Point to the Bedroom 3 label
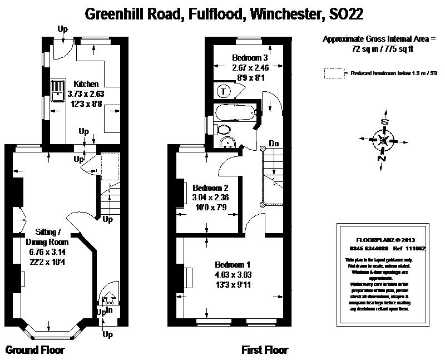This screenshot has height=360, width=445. [x=250, y=58]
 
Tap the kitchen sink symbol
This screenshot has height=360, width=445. [x=57, y=92]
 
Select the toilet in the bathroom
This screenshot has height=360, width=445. [x=224, y=129]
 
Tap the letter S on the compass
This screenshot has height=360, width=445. [x=383, y=122]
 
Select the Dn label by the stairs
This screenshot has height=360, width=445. [x=274, y=144]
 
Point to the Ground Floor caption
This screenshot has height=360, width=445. [x=35, y=350]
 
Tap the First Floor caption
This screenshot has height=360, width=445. [x=265, y=350]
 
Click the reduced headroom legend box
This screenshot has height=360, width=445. [x=334, y=73]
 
